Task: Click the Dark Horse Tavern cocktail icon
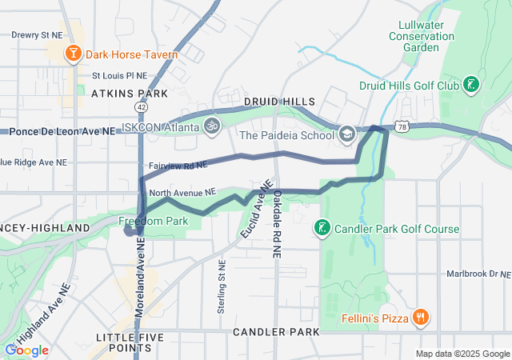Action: [x=73, y=54]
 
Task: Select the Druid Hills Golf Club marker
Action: [x=472, y=84]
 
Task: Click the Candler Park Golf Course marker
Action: [x=322, y=229]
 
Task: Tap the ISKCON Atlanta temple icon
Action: [x=212, y=126]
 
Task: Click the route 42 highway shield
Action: [x=141, y=106]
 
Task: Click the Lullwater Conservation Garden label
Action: [x=414, y=36]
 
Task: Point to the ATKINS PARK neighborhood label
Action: [x=129, y=94]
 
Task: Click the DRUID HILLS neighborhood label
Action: [x=279, y=102]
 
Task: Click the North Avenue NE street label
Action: [x=182, y=192]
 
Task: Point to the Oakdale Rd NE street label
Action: [x=276, y=224]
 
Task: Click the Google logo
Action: [x=26, y=350]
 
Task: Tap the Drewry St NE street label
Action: [x=36, y=35]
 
